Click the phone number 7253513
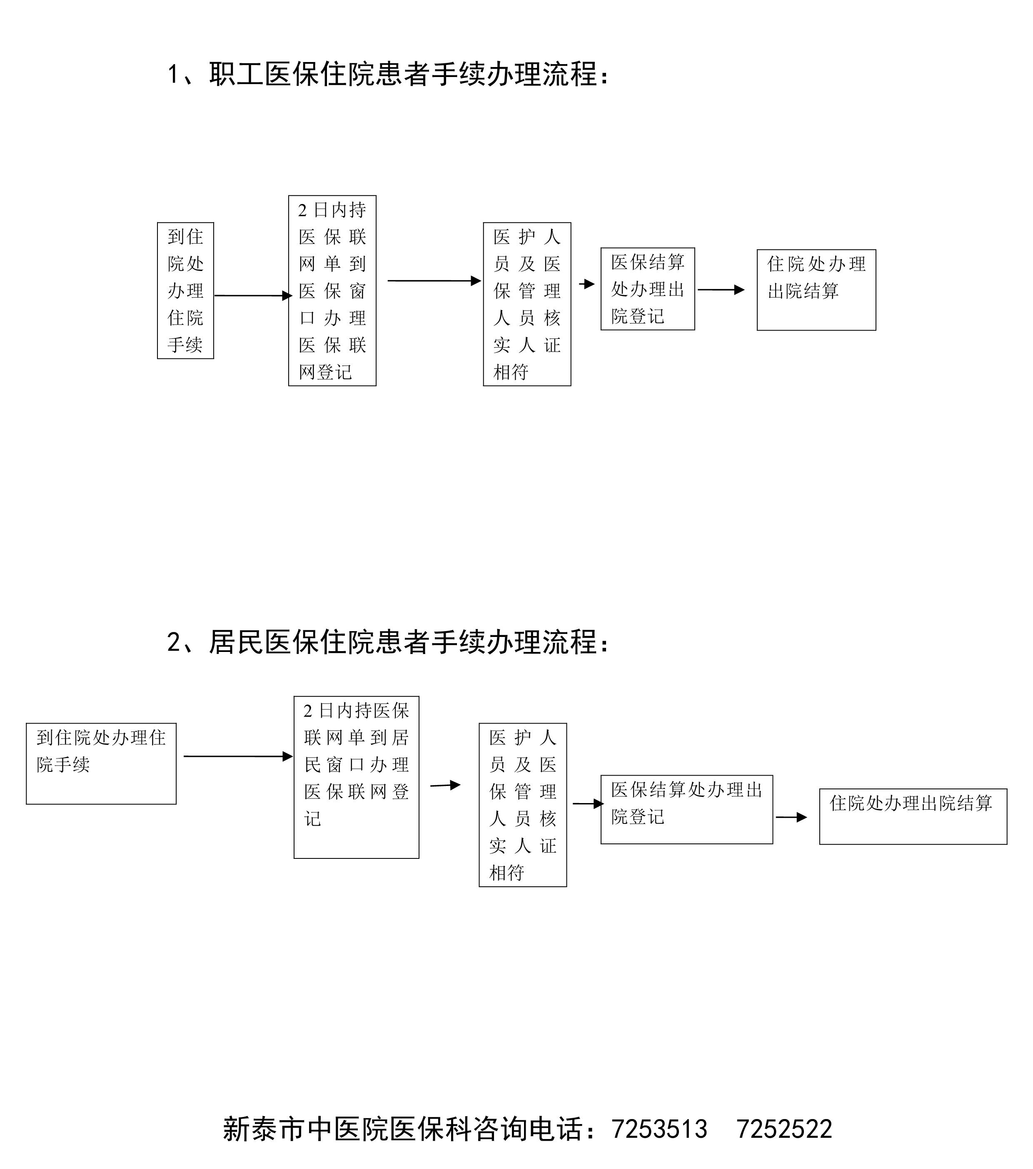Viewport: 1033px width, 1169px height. [659, 1129]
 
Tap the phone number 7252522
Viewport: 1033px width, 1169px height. [784, 1129]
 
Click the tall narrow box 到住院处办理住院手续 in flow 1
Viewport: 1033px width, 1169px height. [185, 291]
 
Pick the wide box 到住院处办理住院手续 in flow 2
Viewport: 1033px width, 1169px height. [101, 763]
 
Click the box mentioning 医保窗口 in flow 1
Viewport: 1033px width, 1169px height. [332, 291]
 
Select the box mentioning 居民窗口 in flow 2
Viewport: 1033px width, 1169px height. [356, 777]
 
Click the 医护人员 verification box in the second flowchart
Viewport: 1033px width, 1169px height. [522, 805]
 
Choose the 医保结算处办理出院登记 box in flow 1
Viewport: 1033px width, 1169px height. [647, 289]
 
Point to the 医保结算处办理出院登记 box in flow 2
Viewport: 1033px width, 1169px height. [686, 809]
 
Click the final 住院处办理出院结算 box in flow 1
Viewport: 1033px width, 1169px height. [816, 289]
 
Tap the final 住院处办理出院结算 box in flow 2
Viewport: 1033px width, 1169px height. [913, 816]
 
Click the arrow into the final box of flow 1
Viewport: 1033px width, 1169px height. [721, 290]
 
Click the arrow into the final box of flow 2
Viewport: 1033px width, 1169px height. [791, 817]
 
